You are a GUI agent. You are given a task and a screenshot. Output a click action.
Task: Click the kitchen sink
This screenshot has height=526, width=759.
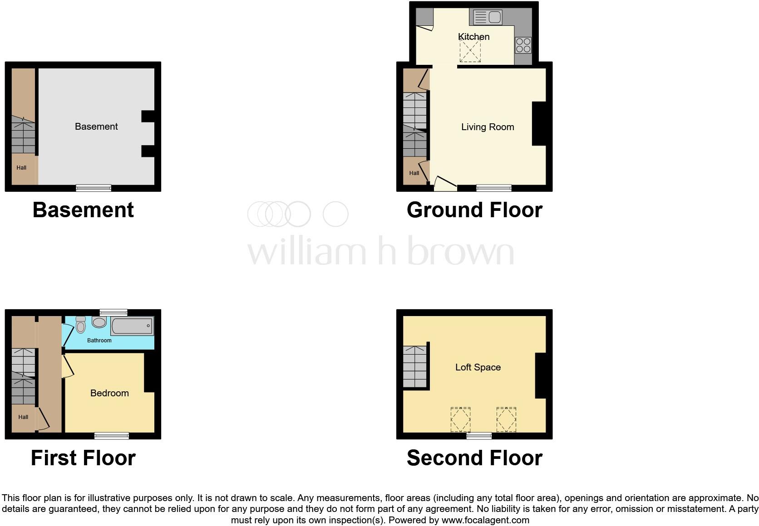click(x=488, y=18)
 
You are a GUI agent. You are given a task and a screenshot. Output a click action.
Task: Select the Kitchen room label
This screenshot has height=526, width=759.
click(x=473, y=37)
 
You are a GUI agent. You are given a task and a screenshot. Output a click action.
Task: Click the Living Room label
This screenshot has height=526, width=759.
click(x=488, y=127)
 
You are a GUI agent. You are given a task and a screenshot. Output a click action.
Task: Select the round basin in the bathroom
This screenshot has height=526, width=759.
click(x=99, y=322)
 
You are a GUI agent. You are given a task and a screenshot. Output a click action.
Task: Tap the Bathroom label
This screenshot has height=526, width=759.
click(x=99, y=340)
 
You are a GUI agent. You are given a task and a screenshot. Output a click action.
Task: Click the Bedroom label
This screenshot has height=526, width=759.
click(x=109, y=393)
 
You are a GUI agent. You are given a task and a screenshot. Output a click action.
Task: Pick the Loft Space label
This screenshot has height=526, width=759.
click(x=478, y=367)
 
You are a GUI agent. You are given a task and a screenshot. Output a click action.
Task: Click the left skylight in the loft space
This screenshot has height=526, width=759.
click(x=460, y=419)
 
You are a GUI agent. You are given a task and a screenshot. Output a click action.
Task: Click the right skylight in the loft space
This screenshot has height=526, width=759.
click(x=506, y=419)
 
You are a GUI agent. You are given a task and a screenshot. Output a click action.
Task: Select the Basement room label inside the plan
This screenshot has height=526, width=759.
click(x=96, y=127)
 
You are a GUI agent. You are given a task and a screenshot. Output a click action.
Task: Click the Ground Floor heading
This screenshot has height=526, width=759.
click(x=474, y=210)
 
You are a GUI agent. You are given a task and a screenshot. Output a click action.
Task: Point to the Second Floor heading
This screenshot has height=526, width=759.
click(x=474, y=458)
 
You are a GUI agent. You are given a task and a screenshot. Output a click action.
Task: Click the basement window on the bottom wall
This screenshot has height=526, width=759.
click(x=94, y=188)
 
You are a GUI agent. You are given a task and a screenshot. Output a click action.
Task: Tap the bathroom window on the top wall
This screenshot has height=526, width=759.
click(x=113, y=312)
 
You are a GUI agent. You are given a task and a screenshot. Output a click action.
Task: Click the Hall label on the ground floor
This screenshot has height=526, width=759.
click(x=414, y=173)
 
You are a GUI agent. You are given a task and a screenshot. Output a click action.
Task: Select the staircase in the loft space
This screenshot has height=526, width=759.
click(x=415, y=366)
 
